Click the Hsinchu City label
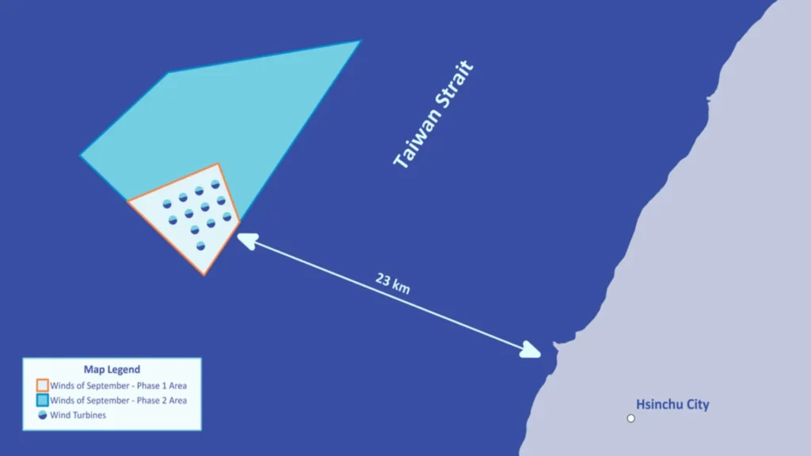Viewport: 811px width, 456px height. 672,405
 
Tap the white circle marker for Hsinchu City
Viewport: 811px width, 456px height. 630,418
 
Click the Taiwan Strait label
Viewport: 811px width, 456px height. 433,114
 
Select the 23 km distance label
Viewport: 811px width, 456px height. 393,283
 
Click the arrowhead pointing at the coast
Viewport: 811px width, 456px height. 531,351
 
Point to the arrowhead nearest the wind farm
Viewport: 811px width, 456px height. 247,241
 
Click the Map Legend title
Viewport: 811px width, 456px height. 112,369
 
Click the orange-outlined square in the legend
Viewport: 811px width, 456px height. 43,386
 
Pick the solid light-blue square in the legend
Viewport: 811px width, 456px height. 43,400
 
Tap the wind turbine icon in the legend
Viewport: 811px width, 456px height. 43,415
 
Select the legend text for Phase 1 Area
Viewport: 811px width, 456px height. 119,386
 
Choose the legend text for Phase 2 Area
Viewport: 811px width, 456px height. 119,400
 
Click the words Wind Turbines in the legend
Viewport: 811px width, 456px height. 78,415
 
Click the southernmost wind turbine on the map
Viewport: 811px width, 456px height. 200,246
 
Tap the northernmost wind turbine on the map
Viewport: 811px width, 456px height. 215,184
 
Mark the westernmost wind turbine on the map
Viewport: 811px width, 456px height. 167,204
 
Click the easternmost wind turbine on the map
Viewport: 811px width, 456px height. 227,217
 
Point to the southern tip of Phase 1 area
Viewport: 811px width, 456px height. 204,275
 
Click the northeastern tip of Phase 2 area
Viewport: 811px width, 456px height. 360,41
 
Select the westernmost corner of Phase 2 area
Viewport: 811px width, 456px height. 81,154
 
